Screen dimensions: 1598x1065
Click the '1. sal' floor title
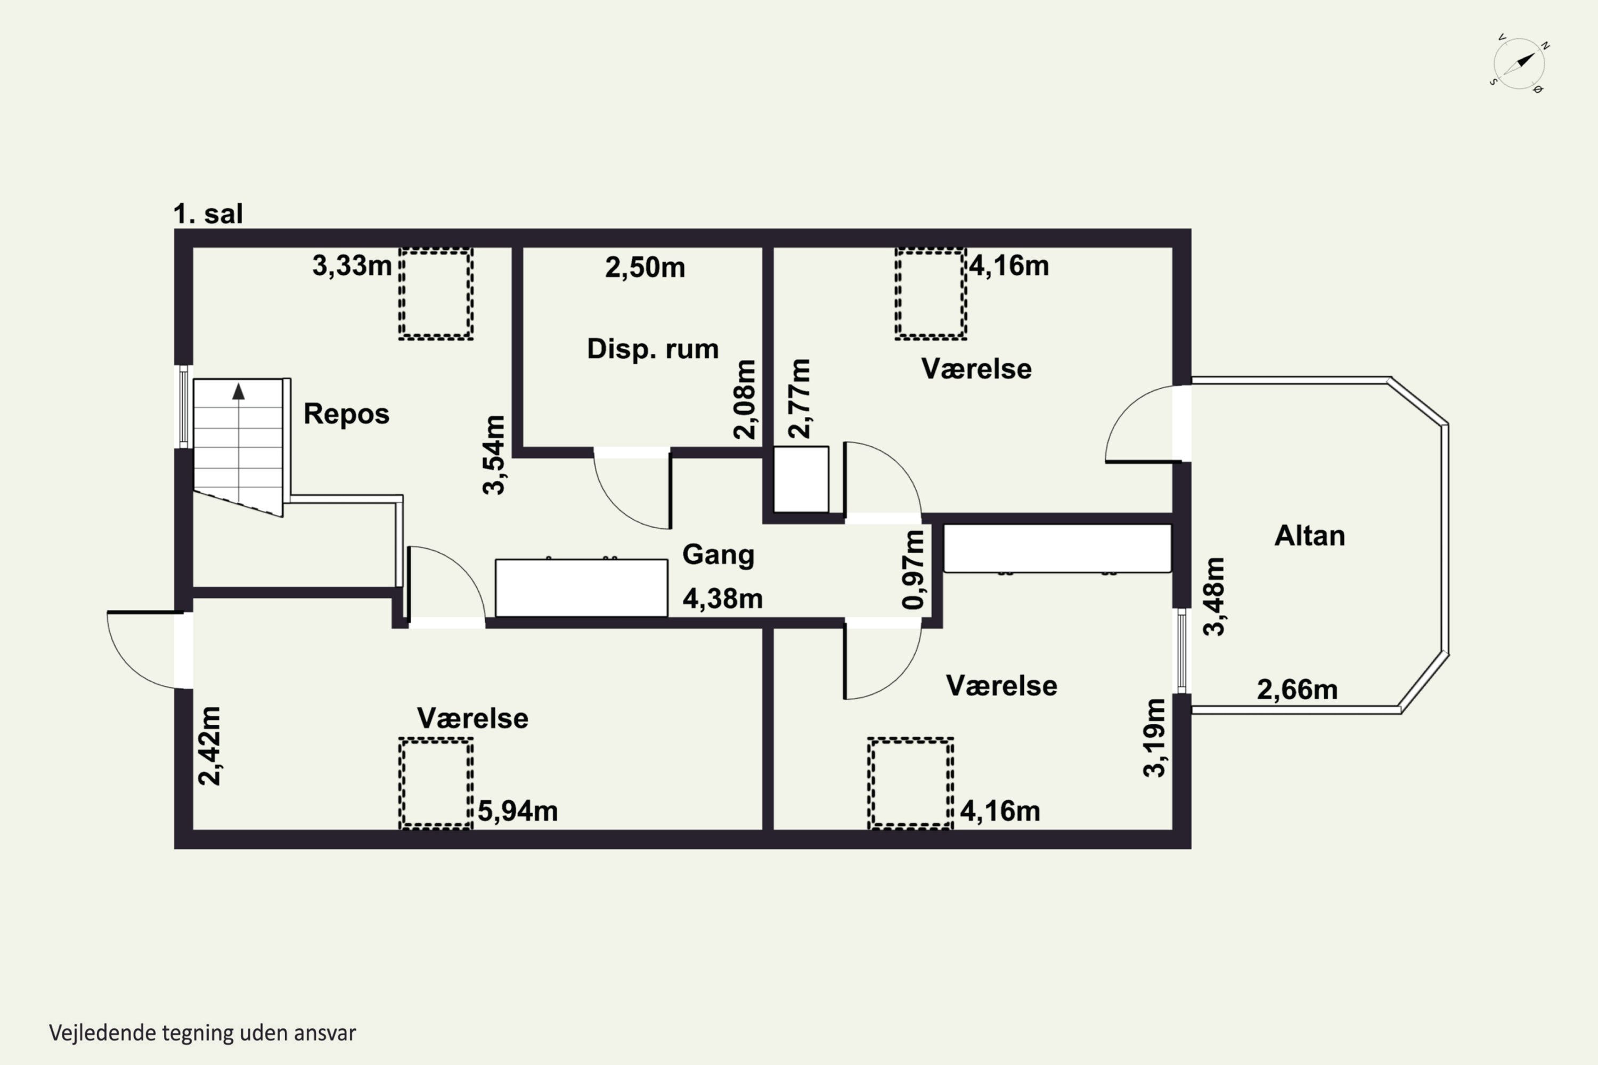click(208, 214)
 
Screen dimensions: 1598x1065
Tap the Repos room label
click(347, 414)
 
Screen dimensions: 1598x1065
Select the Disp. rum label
click(653, 349)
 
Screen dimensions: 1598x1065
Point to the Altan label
click(1310, 536)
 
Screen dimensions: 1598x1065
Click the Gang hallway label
click(718, 555)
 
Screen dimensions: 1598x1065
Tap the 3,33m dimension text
click(352, 266)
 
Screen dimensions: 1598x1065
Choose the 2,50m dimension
click(645, 268)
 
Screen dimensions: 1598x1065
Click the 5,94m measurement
click(518, 811)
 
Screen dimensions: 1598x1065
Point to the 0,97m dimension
click(914, 569)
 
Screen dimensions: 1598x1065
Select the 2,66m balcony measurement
click(1297, 690)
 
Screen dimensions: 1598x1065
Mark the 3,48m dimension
click(1214, 596)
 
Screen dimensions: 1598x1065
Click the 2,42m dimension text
click(210, 746)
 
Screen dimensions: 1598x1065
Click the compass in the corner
click(1519, 64)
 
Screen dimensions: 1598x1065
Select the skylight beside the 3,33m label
click(436, 293)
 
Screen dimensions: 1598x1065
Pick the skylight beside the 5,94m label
click(436, 784)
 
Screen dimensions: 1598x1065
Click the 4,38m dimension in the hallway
click(723, 599)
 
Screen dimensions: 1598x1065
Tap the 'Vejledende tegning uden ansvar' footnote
click(202, 1033)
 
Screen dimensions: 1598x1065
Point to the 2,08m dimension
click(745, 399)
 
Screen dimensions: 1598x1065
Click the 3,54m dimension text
click(494, 454)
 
